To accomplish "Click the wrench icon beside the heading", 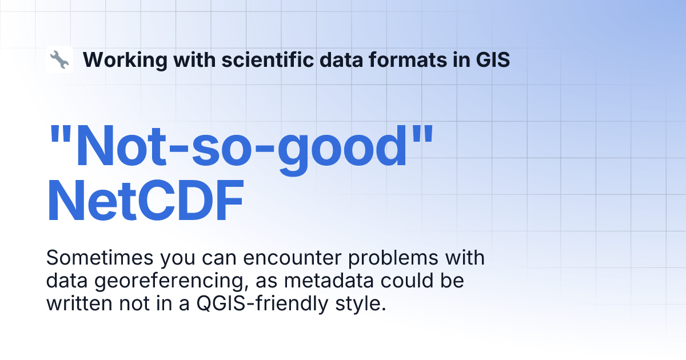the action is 59,59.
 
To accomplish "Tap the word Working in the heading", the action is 125,60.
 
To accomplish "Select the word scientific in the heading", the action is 268,59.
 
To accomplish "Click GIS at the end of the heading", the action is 493,59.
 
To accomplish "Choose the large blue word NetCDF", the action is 145,201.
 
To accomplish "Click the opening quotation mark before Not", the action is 61,134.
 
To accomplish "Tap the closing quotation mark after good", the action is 422,134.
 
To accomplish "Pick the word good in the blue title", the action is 342,150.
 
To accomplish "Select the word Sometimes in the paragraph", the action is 99,258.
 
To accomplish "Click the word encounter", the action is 292,258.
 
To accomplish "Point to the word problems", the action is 393,259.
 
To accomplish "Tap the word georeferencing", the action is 171,282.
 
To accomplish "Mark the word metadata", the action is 329,281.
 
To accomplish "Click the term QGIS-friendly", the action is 262,304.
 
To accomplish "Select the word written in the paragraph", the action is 79,303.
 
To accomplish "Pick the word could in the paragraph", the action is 407,281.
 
